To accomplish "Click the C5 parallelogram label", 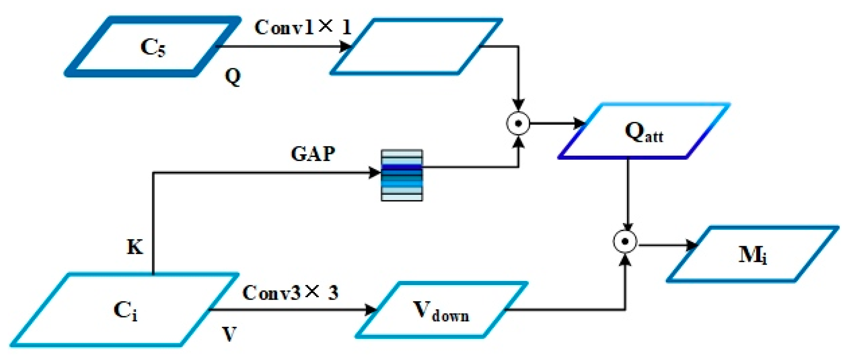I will point(153,47).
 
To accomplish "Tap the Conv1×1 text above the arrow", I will point(303,27).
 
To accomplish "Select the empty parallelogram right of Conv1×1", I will point(416,46).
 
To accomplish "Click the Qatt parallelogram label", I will point(644,132).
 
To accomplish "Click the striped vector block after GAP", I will point(402,175).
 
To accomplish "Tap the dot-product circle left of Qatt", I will point(518,124).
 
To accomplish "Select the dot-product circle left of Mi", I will point(625,242).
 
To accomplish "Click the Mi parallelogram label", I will point(753,255).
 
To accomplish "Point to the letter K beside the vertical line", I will point(135,247).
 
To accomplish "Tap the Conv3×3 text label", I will point(290,293).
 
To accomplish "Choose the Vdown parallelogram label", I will point(441,310).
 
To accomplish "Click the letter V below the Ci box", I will point(229,334).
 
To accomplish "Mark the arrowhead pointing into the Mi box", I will point(691,245).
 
